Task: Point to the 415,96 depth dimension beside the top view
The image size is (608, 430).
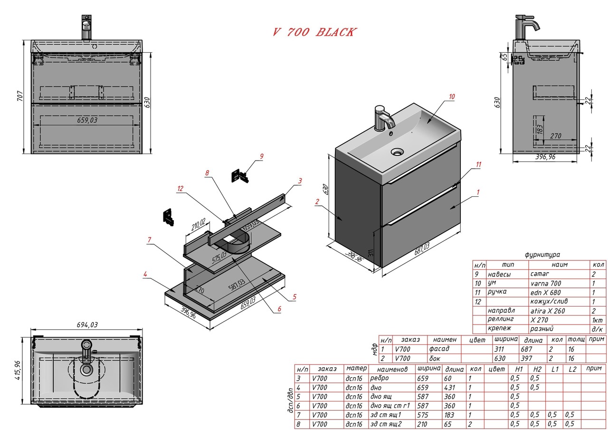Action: click(17, 370)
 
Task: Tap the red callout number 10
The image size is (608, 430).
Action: click(451, 96)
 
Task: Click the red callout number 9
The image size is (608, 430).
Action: click(261, 156)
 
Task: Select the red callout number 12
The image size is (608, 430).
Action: click(180, 189)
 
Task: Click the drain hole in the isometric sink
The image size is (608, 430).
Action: click(397, 152)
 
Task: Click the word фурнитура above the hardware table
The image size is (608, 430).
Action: click(542, 255)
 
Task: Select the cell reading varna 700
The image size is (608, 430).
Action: click(545, 283)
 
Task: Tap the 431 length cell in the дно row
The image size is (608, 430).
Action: click(449, 387)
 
